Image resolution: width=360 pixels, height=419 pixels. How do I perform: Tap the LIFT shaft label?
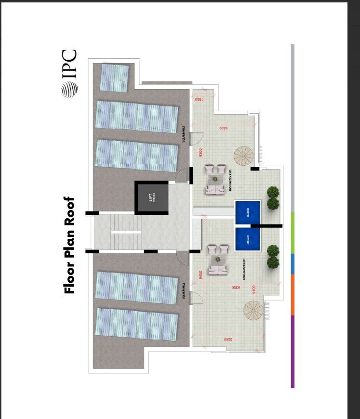click(x=153, y=197)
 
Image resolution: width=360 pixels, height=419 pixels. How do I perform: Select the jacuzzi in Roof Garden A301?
click(x=248, y=212)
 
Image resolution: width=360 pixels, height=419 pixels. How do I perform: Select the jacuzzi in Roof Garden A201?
click(x=248, y=239)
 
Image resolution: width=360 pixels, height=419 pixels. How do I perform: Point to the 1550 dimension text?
click(x=198, y=99)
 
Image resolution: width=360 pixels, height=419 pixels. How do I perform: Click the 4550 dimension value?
click(x=223, y=128)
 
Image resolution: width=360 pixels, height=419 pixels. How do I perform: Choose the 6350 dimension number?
click(x=235, y=288)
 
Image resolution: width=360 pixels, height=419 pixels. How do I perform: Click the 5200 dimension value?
click(x=228, y=339)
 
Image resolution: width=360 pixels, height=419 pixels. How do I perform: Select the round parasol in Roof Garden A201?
click(x=253, y=311)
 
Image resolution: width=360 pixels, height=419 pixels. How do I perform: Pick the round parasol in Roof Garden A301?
click(x=244, y=155)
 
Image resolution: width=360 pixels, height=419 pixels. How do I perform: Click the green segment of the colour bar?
click(x=293, y=232)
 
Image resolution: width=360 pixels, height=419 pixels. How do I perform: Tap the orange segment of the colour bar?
click(x=293, y=295)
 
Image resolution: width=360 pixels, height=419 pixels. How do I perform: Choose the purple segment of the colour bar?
click(x=293, y=352)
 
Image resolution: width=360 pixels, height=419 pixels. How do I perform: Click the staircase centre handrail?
click(x=126, y=232)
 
